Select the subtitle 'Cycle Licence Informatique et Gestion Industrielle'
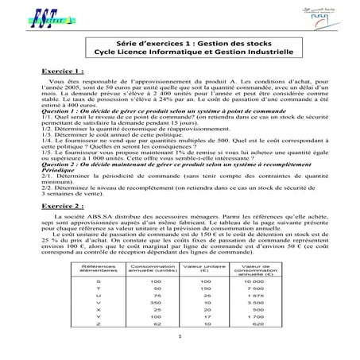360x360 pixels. click(x=180, y=58)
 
